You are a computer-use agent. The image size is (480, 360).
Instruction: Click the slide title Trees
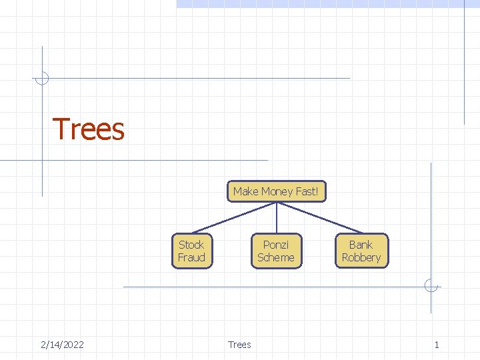pos(88,129)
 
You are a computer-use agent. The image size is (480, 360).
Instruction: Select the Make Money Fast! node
pos(276,191)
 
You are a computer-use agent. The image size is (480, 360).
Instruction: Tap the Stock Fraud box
pos(191,251)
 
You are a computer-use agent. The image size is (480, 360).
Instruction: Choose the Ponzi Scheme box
pos(276,251)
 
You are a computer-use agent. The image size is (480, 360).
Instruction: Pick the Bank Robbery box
pos(361,251)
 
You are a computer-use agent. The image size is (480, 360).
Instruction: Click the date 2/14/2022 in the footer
pos(62,345)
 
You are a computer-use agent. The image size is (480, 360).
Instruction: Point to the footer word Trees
pos(239,345)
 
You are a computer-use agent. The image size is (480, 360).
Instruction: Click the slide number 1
pos(437,345)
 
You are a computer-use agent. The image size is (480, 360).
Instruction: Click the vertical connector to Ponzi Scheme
pos(277,217)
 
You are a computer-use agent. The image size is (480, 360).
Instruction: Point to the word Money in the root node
pos(276,191)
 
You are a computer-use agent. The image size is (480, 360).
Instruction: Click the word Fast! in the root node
pos(307,191)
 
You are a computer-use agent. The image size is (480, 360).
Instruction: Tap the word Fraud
pos(191,258)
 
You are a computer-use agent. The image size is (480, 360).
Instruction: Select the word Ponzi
pos(276,245)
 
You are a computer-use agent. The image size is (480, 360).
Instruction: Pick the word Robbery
pos(361,258)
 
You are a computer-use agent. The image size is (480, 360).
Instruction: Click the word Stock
pos(191,245)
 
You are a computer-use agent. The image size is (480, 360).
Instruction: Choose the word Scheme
pos(276,258)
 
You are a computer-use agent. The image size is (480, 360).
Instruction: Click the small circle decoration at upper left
pos(42,78)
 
